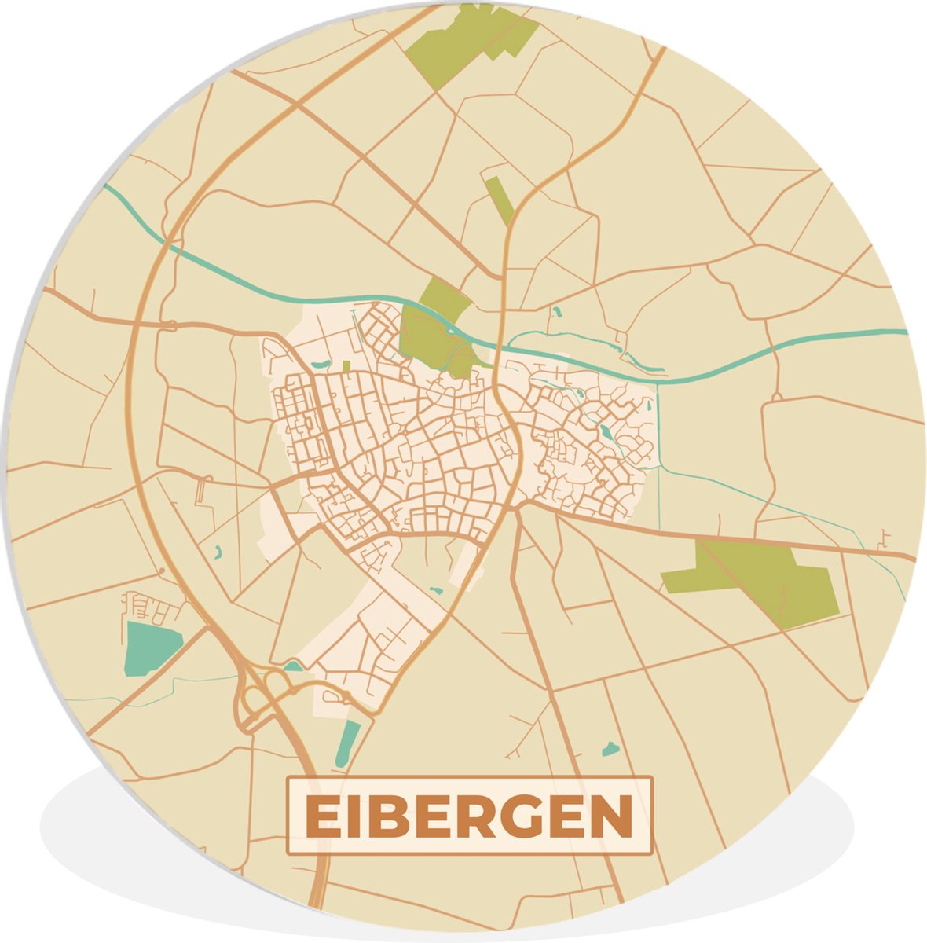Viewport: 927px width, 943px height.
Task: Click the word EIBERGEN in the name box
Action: (x=469, y=816)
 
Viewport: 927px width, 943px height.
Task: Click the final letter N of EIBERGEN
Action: (x=609, y=816)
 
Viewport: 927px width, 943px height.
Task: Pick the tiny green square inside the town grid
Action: (x=346, y=366)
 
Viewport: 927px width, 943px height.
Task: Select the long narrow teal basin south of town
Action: (x=347, y=743)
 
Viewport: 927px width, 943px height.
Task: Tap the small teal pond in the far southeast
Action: (x=610, y=749)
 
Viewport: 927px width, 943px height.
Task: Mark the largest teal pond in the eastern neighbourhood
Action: (x=607, y=431)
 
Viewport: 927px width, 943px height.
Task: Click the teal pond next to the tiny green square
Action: (x=321, y=364)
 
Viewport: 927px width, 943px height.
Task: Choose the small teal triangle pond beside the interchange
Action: (x=293, y=666)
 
